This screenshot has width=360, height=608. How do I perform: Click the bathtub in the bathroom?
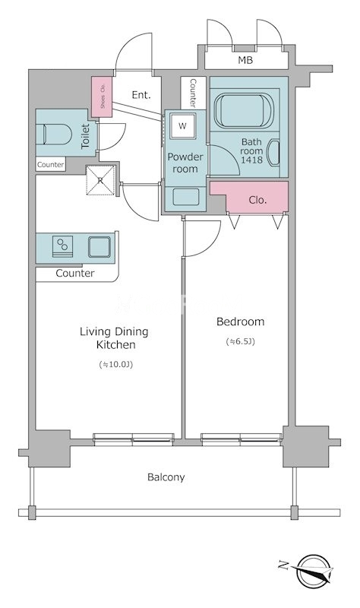(x=244, y=109)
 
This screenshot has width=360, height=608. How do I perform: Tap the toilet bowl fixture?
(x=58, y=135)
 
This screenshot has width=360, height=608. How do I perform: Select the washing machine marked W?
(x=182, y=125)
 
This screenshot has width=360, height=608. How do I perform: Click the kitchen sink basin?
(x=99, y=247)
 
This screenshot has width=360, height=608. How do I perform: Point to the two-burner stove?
(x=63, y=246)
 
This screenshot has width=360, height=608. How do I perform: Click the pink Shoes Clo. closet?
(x=102, y=97)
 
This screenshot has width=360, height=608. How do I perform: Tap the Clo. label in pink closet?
(x=257, y=200)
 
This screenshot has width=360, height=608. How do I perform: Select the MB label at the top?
(x=245, y=60)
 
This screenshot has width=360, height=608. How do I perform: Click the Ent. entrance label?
(x=141, y=95)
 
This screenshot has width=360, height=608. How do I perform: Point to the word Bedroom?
(x=241, y=321)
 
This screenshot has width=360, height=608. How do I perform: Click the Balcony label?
(x=166, y=477)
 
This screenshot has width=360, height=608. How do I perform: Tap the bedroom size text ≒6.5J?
(x=241, y=341)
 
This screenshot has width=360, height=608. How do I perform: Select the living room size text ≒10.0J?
(x=116, y=365)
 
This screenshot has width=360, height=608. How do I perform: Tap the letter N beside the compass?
(x=283, y=565)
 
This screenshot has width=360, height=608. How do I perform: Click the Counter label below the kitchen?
(x=75, y=274)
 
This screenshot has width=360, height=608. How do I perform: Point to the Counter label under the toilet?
(x=50, y=164)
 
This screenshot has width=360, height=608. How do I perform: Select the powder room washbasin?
(x=186, y=197)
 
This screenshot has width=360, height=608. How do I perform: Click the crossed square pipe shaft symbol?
(x=100, y=180)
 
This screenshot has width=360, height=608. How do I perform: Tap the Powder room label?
(x=185, y=163)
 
